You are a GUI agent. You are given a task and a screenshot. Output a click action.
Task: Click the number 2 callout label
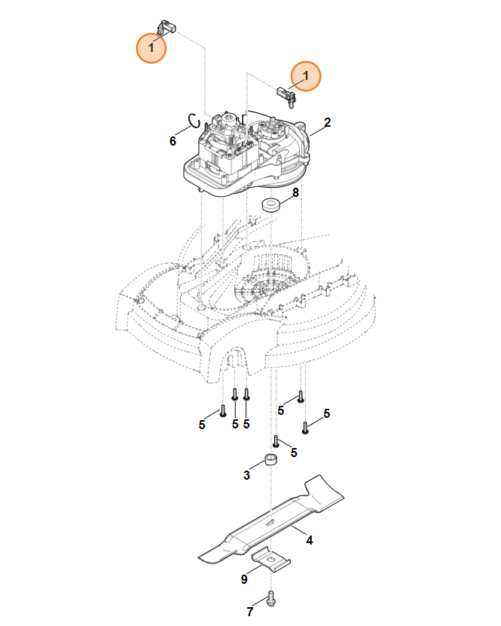(x=327, y=123)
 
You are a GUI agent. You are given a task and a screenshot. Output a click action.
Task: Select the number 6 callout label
(x=173, y=141)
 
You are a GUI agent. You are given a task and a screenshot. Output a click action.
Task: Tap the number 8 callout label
(x=295, y=192)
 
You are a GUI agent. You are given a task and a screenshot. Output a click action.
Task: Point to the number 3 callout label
(x=246, y=475)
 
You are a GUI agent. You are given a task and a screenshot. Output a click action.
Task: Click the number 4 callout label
(x=309, y=540)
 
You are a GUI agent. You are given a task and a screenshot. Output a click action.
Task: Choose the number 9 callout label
(x=244, y=579)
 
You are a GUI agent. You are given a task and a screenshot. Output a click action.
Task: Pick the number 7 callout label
(x=249, y=612)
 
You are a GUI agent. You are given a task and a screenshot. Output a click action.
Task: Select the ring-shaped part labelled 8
(x=271, y=205)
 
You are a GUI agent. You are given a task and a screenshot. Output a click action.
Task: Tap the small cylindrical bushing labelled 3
(x=271, y=459)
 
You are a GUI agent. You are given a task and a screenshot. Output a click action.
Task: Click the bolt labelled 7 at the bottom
(x=272, y=599)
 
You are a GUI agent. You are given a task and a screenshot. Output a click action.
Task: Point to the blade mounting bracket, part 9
(x=271, y=559)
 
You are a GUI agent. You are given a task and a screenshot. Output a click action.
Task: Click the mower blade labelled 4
(x=271, y=519)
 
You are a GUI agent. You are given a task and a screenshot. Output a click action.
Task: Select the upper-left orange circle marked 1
(x=151, y=48)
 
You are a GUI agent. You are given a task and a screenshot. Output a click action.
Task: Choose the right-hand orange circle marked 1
(x=306, y=76)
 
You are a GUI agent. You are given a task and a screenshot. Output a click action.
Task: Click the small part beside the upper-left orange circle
(x=167, y=26)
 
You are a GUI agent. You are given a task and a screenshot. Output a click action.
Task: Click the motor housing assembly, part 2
(x=246, y=154)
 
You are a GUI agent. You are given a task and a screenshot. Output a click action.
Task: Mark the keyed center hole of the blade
(x=270, y=521)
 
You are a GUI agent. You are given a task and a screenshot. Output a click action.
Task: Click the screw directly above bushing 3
(x=276, y=441)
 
